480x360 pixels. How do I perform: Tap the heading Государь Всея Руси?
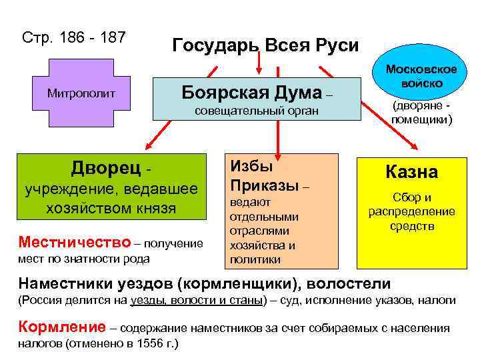[x=265, y=45]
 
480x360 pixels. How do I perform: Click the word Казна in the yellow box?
[x=412, y=172]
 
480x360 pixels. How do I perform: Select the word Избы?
[x=251, y=167]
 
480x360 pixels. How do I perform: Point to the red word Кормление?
[x=62, y=328]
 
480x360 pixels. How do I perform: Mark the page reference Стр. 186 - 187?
[x=74, y=38]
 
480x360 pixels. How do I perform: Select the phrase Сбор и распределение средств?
[x=412, y=211]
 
